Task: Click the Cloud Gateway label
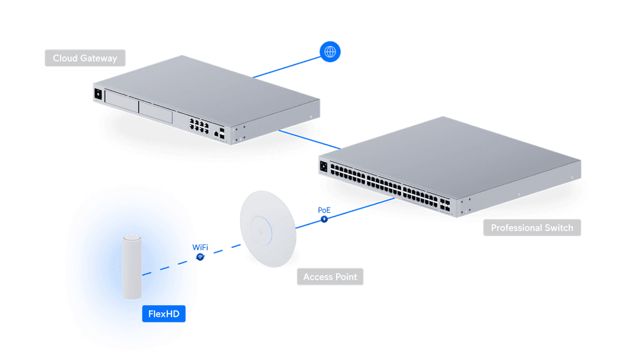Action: click(x=85, y=58)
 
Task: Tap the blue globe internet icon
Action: click(x=330, y=52)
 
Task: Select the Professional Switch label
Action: click(x=532, y=228)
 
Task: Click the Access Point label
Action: click(x=330, y=277)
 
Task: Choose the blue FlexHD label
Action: click(x=164, y=313)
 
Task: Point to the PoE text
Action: click(x=324, y=210)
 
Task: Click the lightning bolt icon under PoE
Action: click(x=324, y=219)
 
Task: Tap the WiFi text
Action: click(x=201, y=247)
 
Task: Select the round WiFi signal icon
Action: click(x=201, y=257)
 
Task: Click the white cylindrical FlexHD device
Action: click(x=132, y=267)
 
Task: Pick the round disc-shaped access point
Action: click(x=268, y=229)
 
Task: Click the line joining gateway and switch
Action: click(x=310, y=139)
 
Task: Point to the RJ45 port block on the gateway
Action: click(x=199, y=125)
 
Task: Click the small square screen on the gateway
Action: click(x=98, y=94)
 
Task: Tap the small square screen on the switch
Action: click(x=324, y=167)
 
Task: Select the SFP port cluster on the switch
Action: click(x=445, y=204)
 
